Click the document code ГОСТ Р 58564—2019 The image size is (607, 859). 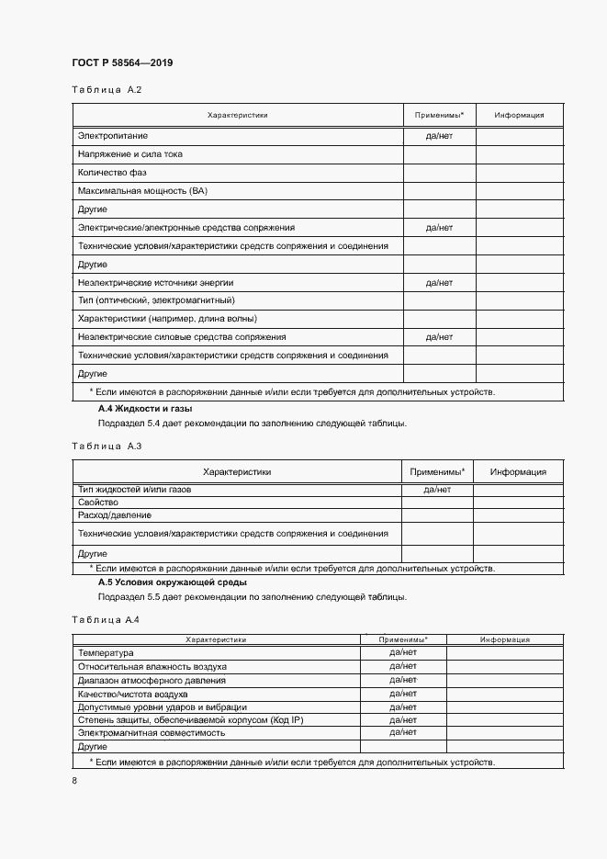pos(122,62)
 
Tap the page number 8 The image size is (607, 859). pos(74,780)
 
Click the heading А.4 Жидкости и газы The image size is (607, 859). pos(145,408)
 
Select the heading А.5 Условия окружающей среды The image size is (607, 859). pos(173,582)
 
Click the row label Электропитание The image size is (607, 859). pos(113,136)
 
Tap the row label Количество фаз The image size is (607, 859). pos(112,173)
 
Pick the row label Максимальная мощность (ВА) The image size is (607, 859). pos(143,191)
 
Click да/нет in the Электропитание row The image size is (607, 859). pos(439,136)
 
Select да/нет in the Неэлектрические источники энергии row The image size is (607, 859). pos(439,282)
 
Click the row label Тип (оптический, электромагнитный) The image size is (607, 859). pos(157,300)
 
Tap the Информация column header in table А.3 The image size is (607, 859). pos(518,472)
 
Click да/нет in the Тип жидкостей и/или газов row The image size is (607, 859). pos(436,491)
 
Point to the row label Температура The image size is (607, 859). pos(107,653)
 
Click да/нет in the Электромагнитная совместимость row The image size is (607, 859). pos(403,732)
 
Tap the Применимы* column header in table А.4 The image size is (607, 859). pos(403,639)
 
